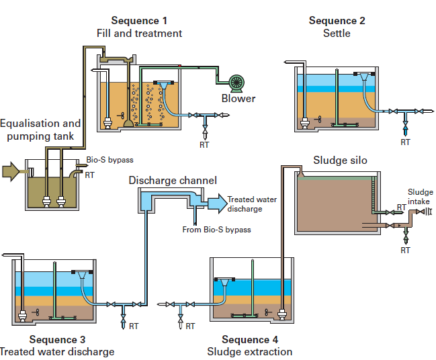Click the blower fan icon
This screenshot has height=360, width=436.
pyautogui.click(x=236, y=83)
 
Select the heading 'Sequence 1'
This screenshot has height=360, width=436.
pyautogui.click(x=139, y=21)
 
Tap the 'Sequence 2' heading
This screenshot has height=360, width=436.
pyautogui.click(x=337, y=21)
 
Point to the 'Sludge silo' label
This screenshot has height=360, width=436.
pyautogui.click(x=341, y=160)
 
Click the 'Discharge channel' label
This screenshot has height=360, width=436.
pyautogui.click(x=173, y=180)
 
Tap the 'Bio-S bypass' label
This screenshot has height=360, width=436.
pyautogui.click(x=110, y=161)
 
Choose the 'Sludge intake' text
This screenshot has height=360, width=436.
pyautogui.click(x=420, y=197)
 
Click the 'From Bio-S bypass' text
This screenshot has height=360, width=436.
pyautogui.click(x=216, y=230)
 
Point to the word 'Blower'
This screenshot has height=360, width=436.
pyautogui.click(x=238, y=99)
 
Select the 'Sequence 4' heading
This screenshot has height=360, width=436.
pyautogui.click(x=249, y=340)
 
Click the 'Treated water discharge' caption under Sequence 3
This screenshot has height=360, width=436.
pyautogui.click(x=56, y=352)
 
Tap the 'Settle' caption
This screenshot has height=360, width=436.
pyautogui.click(x=337, y=34)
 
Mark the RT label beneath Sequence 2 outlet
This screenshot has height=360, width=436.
pyautogui.click(x=405, y=142)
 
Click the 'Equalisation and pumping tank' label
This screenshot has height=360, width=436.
pyautogui.click(x=40, y=130)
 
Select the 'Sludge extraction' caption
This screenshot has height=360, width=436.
pyautogui.click(x=249, y=352)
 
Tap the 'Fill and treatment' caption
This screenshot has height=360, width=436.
pyautogui.click(x=139, y=34)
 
